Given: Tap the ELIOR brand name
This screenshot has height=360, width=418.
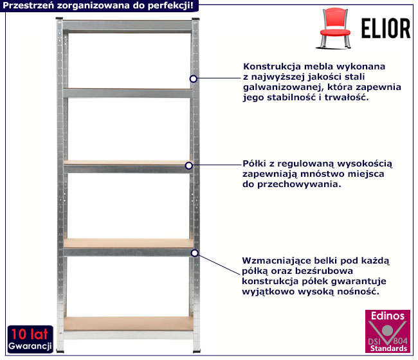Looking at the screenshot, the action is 386,28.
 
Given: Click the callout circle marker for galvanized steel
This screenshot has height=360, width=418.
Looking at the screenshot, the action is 194,79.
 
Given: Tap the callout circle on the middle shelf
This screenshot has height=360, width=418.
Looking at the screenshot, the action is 188,165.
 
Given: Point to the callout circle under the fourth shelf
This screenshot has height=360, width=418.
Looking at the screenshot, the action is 195,253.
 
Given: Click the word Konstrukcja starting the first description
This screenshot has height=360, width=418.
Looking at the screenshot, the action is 272,66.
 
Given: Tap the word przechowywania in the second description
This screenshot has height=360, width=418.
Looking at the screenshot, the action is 299,184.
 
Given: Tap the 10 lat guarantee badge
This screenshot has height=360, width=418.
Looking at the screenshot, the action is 30,339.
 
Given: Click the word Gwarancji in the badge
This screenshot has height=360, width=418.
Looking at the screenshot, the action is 30,346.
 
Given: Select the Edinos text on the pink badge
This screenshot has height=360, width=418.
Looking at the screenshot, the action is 388,316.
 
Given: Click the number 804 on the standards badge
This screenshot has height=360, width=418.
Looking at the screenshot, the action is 401,341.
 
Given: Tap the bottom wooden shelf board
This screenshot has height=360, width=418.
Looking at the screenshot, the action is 128,323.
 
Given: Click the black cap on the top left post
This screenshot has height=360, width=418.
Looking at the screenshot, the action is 59,19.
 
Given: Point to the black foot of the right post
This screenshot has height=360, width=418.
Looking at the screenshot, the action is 197,352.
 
